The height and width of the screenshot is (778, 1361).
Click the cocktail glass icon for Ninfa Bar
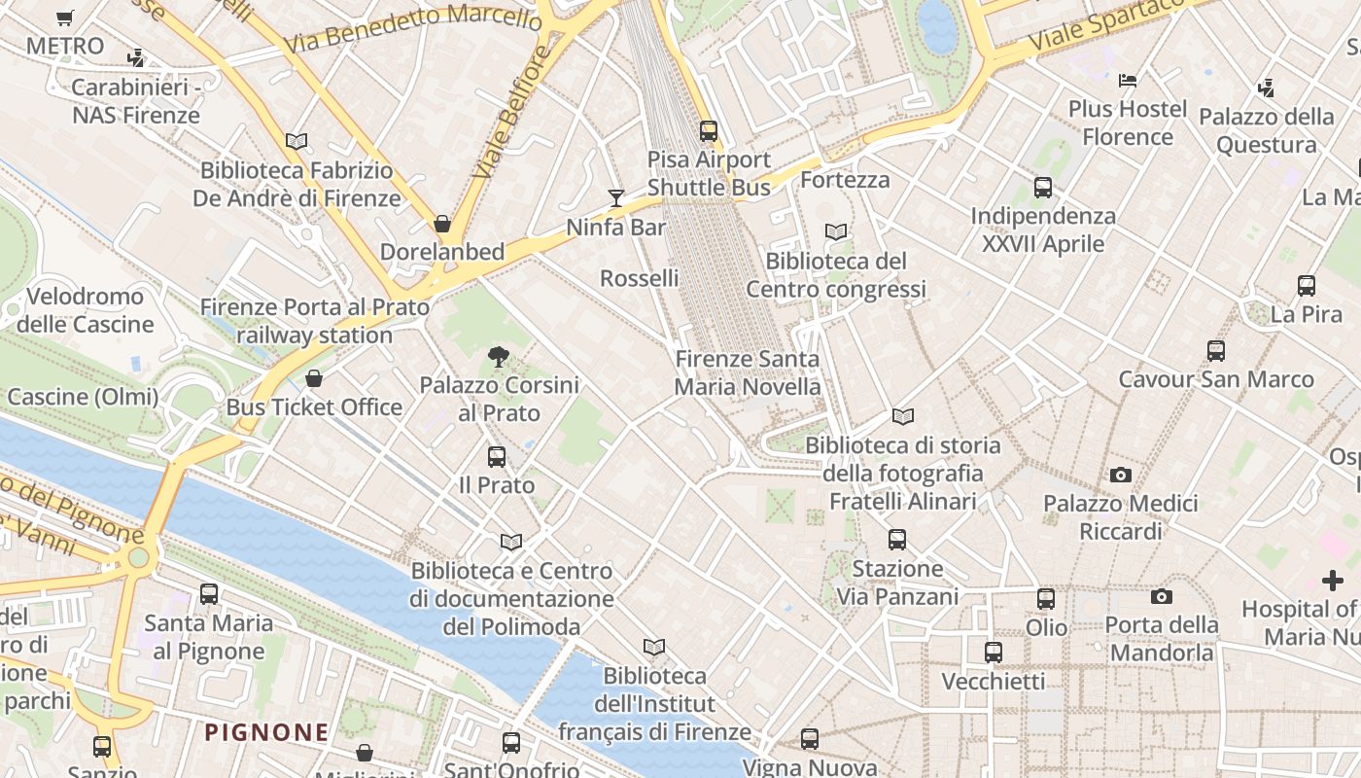click(x=615, y=198)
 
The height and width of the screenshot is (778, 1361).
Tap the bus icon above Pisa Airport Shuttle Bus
click(x=709, y=130)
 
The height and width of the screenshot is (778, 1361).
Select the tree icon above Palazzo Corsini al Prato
click(x=499, y=357)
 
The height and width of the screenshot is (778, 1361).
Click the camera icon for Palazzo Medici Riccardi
click(x=1121, y=476)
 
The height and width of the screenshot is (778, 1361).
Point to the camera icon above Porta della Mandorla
click(x=1162, y=596)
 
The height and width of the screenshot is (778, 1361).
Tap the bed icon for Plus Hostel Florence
click(x=1128, y=80)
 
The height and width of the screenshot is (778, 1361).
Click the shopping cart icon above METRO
click(x=65, y=18)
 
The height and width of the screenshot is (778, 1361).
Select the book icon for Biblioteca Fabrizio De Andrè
click(x=297, y=141)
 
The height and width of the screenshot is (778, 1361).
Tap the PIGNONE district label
click(x=266, y=732)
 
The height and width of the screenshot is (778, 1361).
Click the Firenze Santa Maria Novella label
click(x=748, y=372)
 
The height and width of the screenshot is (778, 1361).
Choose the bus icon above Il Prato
click(x=497, y=456)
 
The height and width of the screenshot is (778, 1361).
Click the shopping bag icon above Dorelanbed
click(x=442, y=224)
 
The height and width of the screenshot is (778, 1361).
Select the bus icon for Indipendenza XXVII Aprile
click(x=1043, y=187)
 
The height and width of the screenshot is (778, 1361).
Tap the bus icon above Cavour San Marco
click(x=1216, y=351)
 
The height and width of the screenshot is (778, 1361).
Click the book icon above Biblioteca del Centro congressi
click(x=836, y=232)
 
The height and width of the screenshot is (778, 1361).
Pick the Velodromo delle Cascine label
click(x=85, y=310)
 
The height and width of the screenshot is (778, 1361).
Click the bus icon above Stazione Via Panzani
click(x=897, y=539)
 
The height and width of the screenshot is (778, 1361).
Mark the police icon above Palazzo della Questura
click(x=1266, y=88)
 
